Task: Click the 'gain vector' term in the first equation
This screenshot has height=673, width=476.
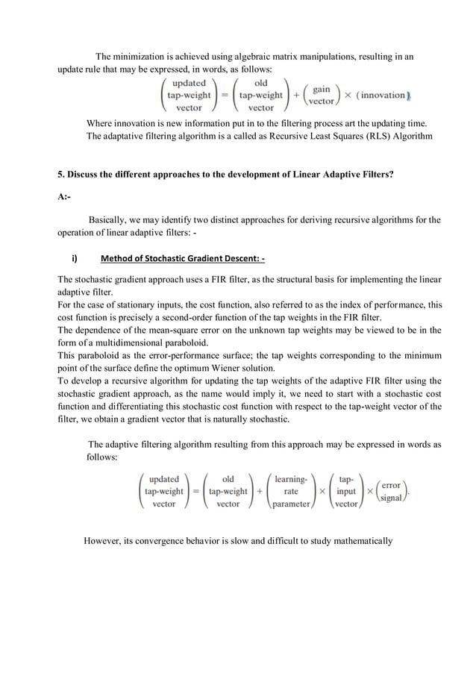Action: point(322,95)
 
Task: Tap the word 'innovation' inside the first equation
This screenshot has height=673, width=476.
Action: point(381,96)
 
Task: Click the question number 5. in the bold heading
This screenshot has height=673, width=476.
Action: point(62,175)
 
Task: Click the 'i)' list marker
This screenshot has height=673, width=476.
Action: point(75,259)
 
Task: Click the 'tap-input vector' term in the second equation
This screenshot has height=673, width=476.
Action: point(346,492)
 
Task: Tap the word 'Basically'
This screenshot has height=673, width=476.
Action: point(111,220)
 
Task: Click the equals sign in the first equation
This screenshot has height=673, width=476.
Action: point(223,96)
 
